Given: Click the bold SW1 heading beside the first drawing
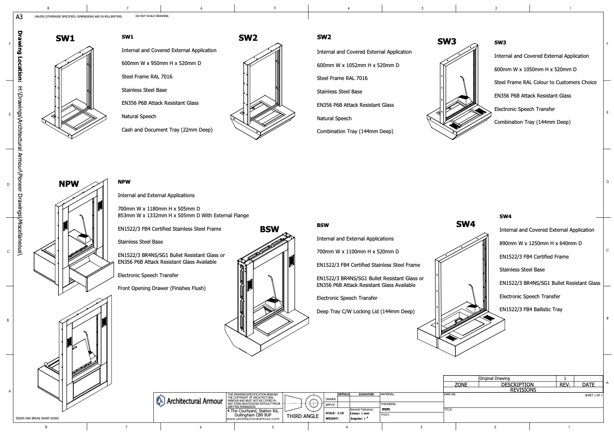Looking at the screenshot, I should pyautogui.click(x=66, y=39).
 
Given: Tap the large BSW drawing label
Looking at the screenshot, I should pyautogui.click(x=269, y=229).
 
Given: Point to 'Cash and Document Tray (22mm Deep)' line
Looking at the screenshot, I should pyautogui.click(x=167, y=130).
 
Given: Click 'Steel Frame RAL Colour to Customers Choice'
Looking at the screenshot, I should pyautogui.click(x=545, y=82).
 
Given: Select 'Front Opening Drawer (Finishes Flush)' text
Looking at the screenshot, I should pyautogui.click(x=161, y=288).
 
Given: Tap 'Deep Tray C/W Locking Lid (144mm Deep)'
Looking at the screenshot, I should pyautogui.click(x=365, y=311).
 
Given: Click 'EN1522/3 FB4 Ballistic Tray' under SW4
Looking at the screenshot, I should pyautogui.click(x=530, y=309).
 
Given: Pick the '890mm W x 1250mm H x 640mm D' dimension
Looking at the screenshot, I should pyautogui.click(x=540, y=243).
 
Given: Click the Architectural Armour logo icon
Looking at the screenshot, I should pyautogui.click(x=161, y=400).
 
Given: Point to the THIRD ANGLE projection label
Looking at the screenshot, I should pyautogui.click(x=302, y=416).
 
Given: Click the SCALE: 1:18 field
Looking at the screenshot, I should pyautogui.click(x=335, y=413).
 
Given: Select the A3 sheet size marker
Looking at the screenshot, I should pyautogui.click(x=19, y=17).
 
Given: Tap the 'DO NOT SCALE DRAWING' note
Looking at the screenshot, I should pyautogui.click(x=152, y=16).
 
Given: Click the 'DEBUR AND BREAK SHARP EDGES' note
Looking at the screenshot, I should pyautogui.click(x=37, y=419).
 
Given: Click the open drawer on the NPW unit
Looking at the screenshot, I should pyautogui.click(x=93, y=273).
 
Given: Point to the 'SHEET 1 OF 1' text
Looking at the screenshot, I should pyautogui.click(x=593, y=395).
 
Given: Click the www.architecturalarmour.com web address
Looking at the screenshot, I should pyautogui.click(x=253, y=419).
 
